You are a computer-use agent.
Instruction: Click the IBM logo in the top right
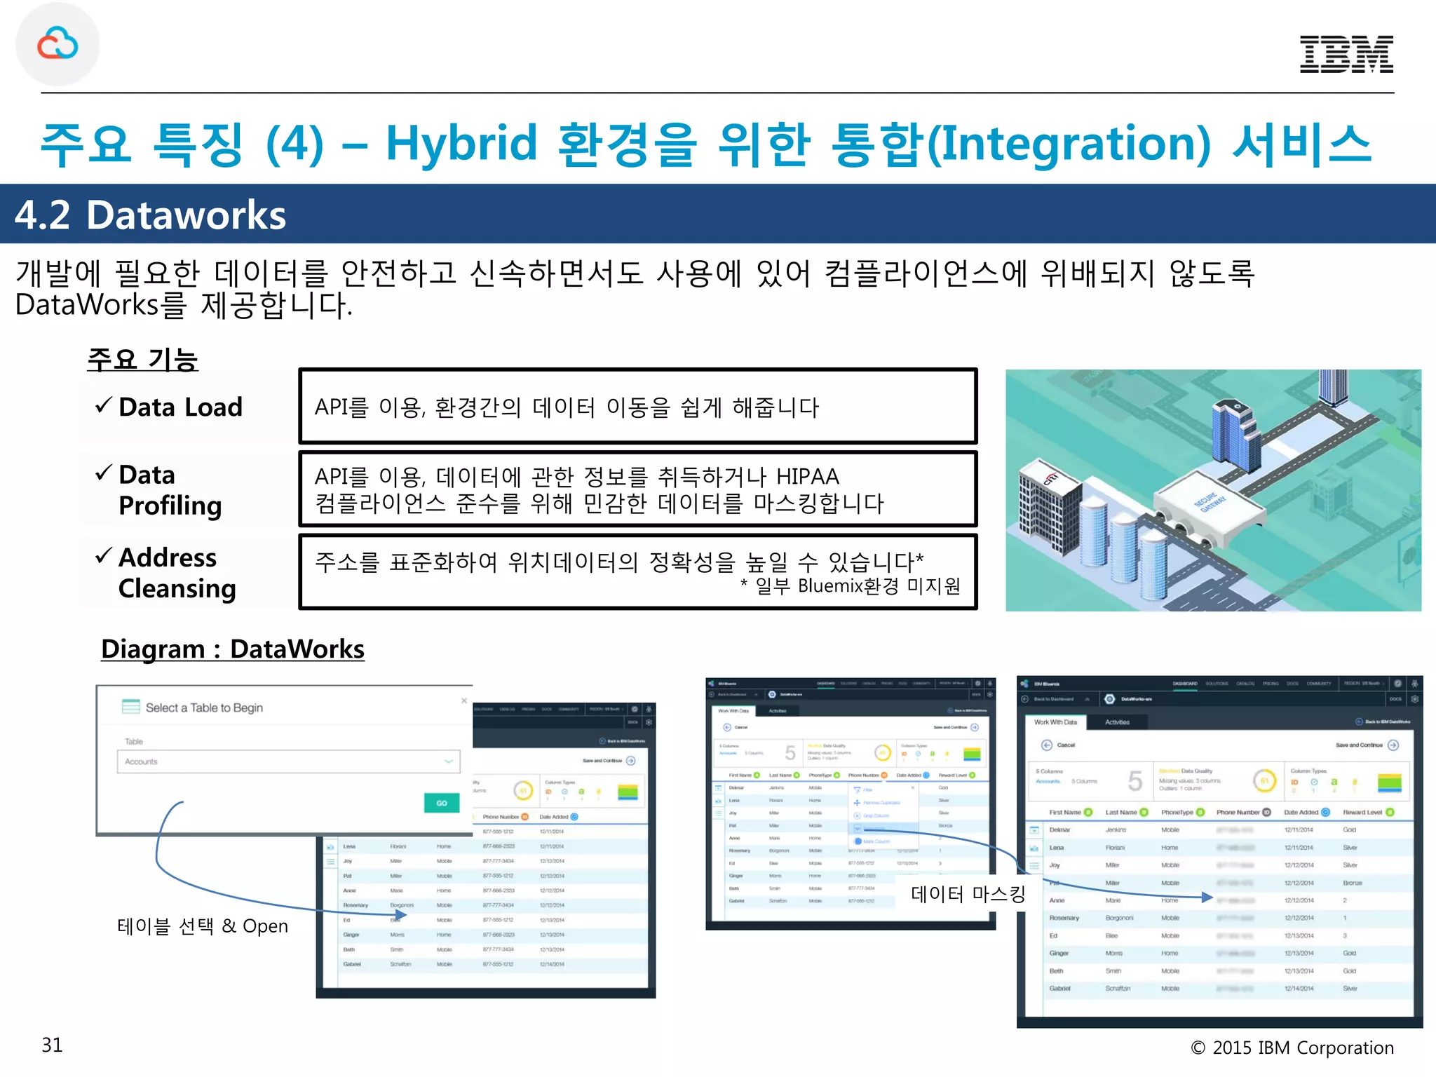tap(1346, 54)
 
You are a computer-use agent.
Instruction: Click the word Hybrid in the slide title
tap(461, 144)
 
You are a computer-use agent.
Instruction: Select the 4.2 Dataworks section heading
tap(150, 215)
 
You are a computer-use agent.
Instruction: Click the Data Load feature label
tap(180, 407)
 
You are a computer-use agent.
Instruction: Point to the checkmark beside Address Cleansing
tap(103, 556)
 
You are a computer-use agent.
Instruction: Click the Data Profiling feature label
tap(170, 490)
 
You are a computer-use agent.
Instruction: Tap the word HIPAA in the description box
tap(807, 477)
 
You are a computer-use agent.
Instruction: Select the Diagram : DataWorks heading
tap(232, 649)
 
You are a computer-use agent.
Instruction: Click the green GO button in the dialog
tap(441, 803)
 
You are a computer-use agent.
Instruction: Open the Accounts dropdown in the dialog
tap(288, 761)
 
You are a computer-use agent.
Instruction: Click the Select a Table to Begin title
tap(204, 707)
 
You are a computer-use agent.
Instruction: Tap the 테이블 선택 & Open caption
tap(202, 926)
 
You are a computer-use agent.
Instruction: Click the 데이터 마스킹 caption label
tap(968, 894)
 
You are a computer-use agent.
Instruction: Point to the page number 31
tap(52, 1045)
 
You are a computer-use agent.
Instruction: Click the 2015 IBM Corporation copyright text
tap(1292, 1048)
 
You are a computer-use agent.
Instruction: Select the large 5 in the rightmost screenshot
tap(1135, 781)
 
